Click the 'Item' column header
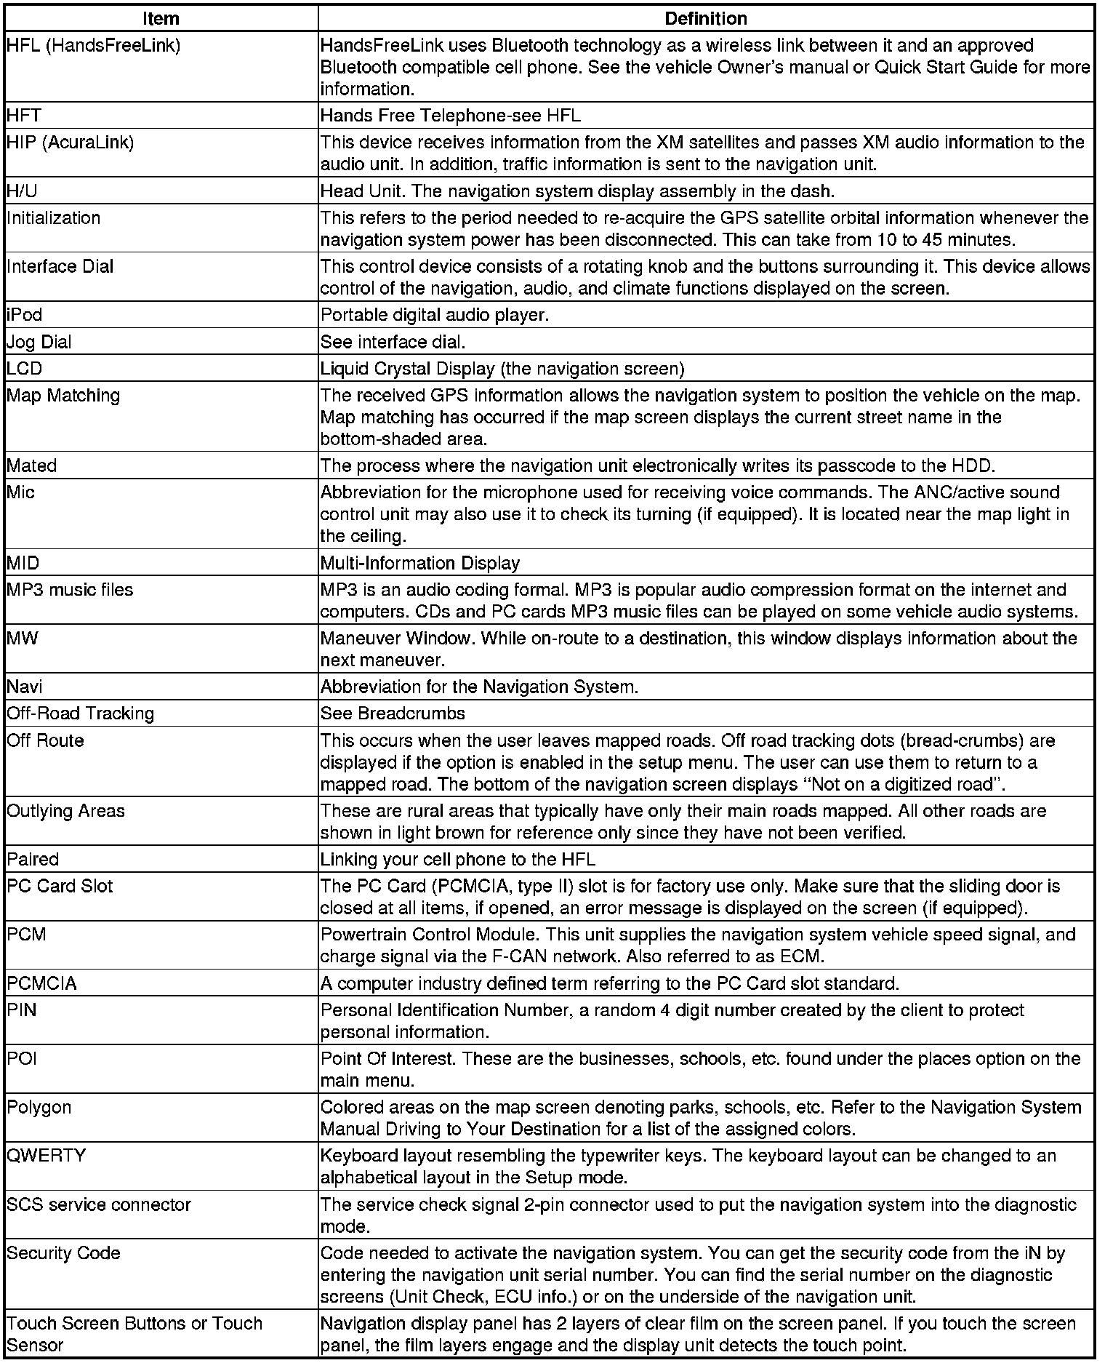pyautogui.click(x=161, y=18)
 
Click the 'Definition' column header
pyautogui.click(x=705, y=18)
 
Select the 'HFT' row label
pyautogui.click(x=24, y=116)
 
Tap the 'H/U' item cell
pyautogui.click(x=22, y=191)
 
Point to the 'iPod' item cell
pyautogui.click(x=25, y=315)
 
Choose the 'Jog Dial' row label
pyautogui.click(x=39, y=342)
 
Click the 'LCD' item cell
pyautogui.click(x=25, y=369)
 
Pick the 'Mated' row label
pyautogui.click(x=32, y=465)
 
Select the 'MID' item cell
pyautogui.click(x=23, y=563)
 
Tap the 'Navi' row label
pyautogui.click(x=25, y=687)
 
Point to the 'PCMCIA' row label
pyautogui.click(x=42, y=983)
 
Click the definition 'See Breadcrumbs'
pyautogui.click(x=393, y=714)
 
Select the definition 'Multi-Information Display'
pyautogui.click(x=420, y=563)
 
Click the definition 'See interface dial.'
pyautogui.click(x=393, y=342)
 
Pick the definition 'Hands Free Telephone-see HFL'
pyautogui.click(x=451, y=116)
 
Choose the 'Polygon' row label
pyautogui.click(x=39, y=1107)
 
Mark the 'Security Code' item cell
pyautogui.click(x=64, y=1253)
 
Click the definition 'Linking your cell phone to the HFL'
pyautogui.click(x=458, y=860)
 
